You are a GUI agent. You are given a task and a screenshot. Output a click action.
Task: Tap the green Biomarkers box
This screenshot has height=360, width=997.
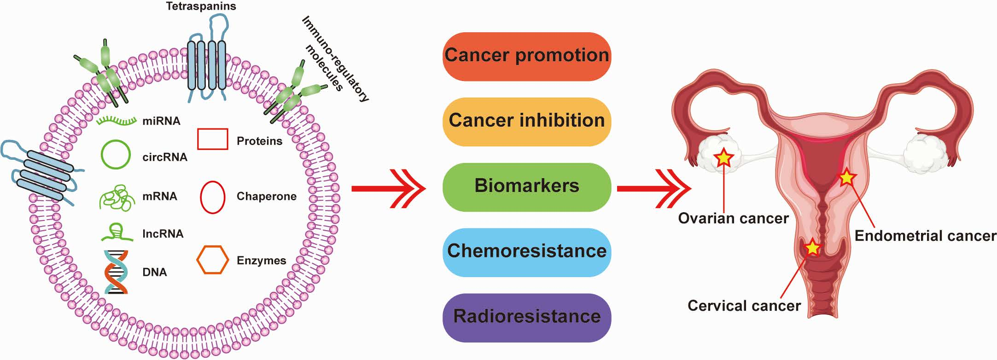point(526,186)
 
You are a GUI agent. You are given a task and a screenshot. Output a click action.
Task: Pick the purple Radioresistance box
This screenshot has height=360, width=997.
point(526,317)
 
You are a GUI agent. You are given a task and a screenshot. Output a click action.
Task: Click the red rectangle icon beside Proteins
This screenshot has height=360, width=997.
point(212,139)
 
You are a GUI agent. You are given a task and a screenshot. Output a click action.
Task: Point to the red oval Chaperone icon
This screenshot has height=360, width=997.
point(212,197)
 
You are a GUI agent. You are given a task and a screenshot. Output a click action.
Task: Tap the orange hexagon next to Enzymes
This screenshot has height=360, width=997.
point(212,260)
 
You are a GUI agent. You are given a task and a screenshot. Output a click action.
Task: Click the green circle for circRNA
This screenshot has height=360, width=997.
point(116,154)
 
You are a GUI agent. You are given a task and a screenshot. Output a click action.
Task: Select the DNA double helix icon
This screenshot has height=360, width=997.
point(116,272)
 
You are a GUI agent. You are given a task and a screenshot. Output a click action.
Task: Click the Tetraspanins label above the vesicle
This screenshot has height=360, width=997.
point(201,6)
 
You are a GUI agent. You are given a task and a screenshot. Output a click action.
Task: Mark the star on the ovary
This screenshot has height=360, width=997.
point(723,158)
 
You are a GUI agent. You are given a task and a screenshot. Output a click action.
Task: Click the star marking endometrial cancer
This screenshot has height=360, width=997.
point(847,177)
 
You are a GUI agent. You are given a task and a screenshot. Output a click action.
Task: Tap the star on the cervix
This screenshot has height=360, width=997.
point(812,248)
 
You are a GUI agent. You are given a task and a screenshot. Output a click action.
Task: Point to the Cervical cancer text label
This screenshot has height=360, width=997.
point(744,306)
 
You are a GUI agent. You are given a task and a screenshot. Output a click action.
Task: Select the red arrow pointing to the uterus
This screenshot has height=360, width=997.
point(653,189)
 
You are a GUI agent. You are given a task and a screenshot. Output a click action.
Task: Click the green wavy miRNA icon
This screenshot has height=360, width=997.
point(117,121)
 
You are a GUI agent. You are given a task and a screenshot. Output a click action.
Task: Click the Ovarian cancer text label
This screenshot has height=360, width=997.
point(733,218)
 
